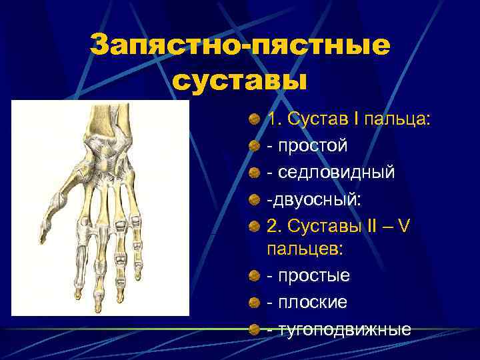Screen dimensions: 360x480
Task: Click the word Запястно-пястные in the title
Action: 239,47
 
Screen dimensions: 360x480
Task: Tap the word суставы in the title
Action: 240,81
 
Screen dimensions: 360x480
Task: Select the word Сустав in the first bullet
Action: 311,120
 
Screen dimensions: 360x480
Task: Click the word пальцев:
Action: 304,249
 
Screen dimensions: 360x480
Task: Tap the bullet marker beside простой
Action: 255,146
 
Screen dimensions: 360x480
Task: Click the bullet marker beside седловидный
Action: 255,173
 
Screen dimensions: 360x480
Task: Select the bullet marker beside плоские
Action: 255,303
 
